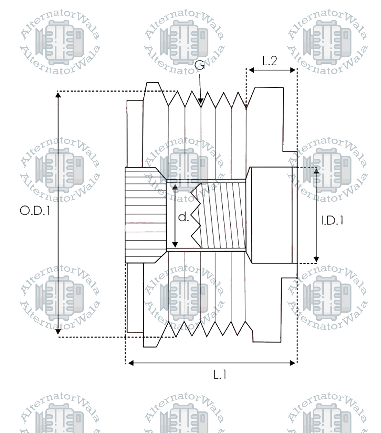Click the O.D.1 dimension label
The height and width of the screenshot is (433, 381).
tap(35, 211)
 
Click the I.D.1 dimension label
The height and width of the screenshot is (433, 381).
tap(332, 221)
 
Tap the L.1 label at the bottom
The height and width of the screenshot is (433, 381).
tap(220, 375)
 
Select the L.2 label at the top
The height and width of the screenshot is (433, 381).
tap(270, 61)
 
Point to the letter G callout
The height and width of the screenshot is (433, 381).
tap(200, 65)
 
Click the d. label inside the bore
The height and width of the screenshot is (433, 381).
tap(184, 217)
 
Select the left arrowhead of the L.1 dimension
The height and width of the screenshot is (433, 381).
tap(131, 363)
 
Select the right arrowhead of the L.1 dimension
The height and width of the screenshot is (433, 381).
tap(292, 363)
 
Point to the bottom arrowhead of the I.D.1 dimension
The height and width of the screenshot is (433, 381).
tap(316, 259)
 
